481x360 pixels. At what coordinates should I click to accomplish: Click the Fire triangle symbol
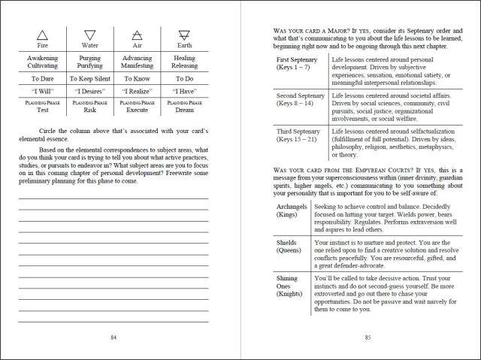click(42, 35)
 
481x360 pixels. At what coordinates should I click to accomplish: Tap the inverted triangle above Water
click(90, 35)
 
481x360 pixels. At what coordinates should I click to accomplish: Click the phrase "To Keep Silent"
click(90, 77)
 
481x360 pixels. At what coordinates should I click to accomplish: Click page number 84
click(113, 337)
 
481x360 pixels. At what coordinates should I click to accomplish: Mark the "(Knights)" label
click(295, 296)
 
